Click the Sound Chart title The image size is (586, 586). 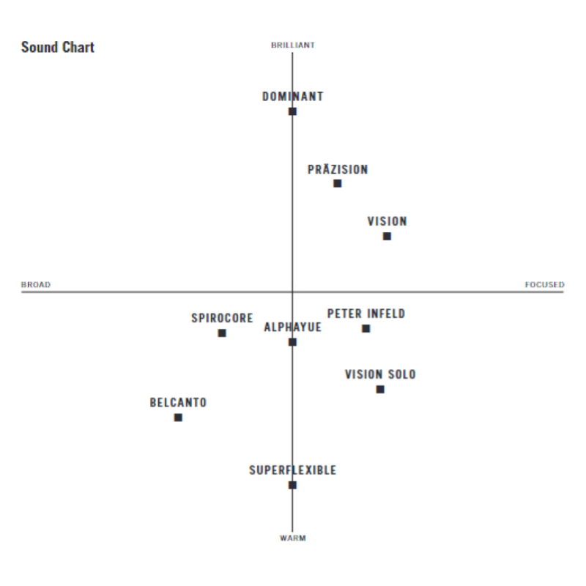58,48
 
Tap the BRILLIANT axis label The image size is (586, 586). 293,45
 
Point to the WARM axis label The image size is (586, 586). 293,538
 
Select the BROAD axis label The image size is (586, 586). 36,285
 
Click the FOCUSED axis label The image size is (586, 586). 544,285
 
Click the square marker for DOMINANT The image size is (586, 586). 292,111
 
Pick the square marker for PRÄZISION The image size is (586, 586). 338,183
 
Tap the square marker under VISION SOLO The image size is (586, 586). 380,389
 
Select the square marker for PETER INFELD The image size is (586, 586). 366,328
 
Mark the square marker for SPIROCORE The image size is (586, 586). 222,333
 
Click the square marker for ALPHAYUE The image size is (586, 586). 292,342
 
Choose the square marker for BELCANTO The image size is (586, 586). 178,418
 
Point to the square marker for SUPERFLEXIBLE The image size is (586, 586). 292,485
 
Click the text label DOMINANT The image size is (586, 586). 293,97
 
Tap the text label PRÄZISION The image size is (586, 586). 338,170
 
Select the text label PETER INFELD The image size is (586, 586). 366,314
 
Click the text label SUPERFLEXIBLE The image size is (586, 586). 293,470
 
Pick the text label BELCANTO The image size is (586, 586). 178,403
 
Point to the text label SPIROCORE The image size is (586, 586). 222,319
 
